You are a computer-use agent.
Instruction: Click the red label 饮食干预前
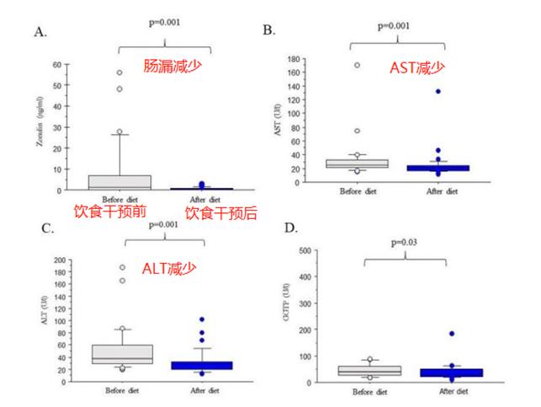pyautogui.click(x=109, y=212)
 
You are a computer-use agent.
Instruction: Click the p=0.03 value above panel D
pyautogui.click(x=405, y=242)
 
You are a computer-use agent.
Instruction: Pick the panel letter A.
pyautogui.click(x=40, y=32)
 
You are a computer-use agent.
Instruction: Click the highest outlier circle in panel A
pyautogui.click(x=119, y=72)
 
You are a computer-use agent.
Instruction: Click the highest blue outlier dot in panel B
pyautogui.click(x=438, y=91)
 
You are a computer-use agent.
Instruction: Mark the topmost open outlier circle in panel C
pyautogui.click(x=121, y=267)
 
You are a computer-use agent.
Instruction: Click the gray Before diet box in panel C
pyautogui.click(x=122, y=354)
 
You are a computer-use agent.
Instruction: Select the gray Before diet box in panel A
pyautogui.click(x=119, y=182)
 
